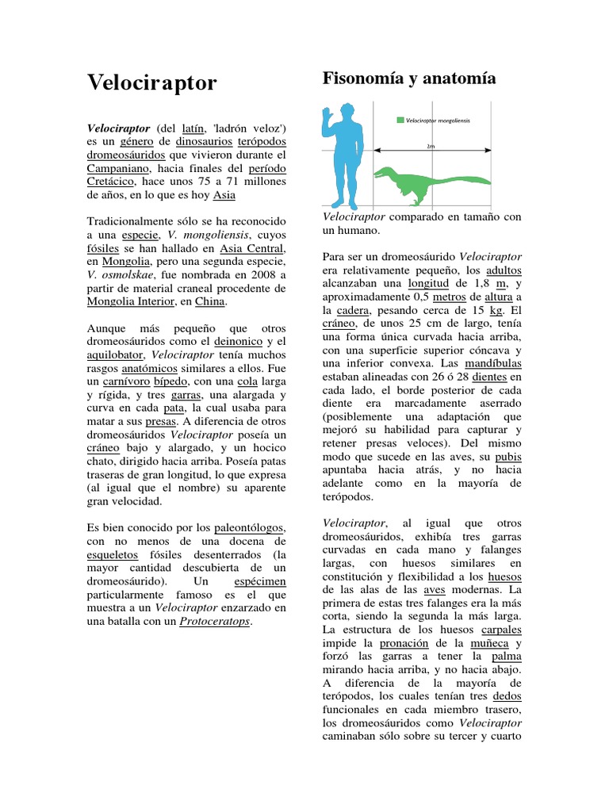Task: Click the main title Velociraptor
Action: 151,82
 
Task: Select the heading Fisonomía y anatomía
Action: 409,79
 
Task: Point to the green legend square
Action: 400,121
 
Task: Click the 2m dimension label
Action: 431,146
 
